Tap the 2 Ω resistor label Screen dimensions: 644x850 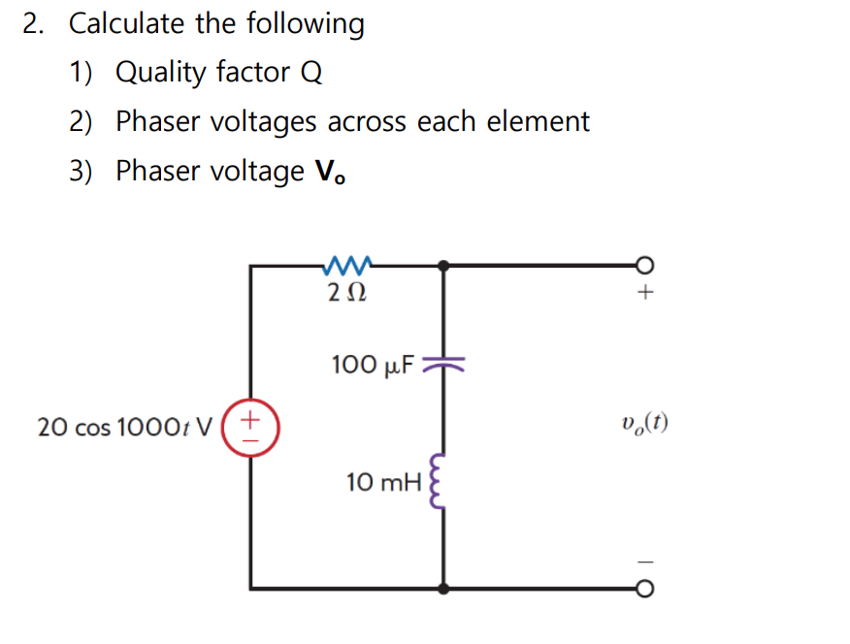(x=346, y=291)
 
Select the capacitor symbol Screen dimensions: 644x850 (x=443, y=364)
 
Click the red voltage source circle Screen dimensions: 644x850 (x=251, y=428)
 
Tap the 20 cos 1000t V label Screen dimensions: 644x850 (x=125, y=427)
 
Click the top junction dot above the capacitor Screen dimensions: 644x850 (x=443, y=263)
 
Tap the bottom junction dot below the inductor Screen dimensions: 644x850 (x=443, y=588)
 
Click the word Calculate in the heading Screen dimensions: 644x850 (x=128, y=23)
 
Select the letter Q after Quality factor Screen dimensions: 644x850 (x=311, y=73)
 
